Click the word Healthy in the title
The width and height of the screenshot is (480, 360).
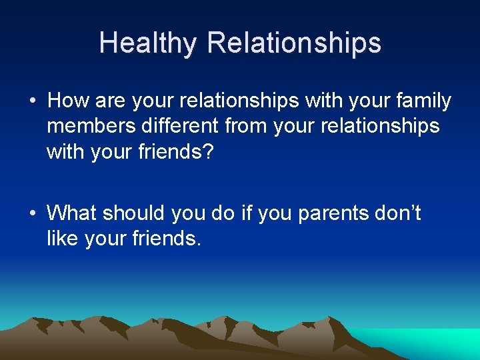click(x=148, y=43)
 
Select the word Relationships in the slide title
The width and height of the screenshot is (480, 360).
click(x=294, y=43)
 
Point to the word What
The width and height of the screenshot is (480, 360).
click(x=73, y=213)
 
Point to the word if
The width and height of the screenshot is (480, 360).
click(x=247, y=213)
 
